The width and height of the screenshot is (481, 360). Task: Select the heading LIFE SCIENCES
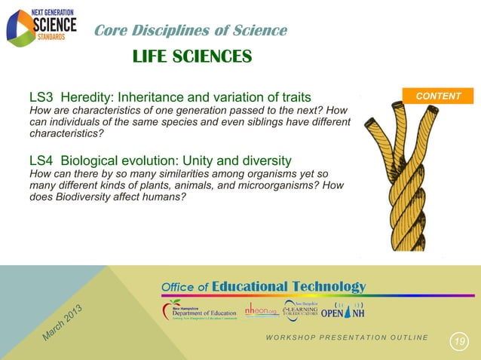pyautogui.click(x=191, y=56)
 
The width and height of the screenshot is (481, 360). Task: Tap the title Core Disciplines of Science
pyautogui.click(x=190, y=30)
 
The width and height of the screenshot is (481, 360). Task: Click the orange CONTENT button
pyautogui.click(x=438, y=96)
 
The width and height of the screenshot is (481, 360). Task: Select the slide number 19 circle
pyautogui.click(x=459, y=343)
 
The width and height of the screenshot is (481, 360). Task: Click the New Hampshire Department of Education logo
pyautogui.click(x=198, y=311)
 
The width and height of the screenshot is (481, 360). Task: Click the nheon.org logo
pyautogui.click(x=261, y=310)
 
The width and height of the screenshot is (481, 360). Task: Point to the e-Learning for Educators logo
pyautogui.click(x=301, y=310)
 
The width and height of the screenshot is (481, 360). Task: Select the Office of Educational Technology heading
pyautogui.click(x=263, y=286)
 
